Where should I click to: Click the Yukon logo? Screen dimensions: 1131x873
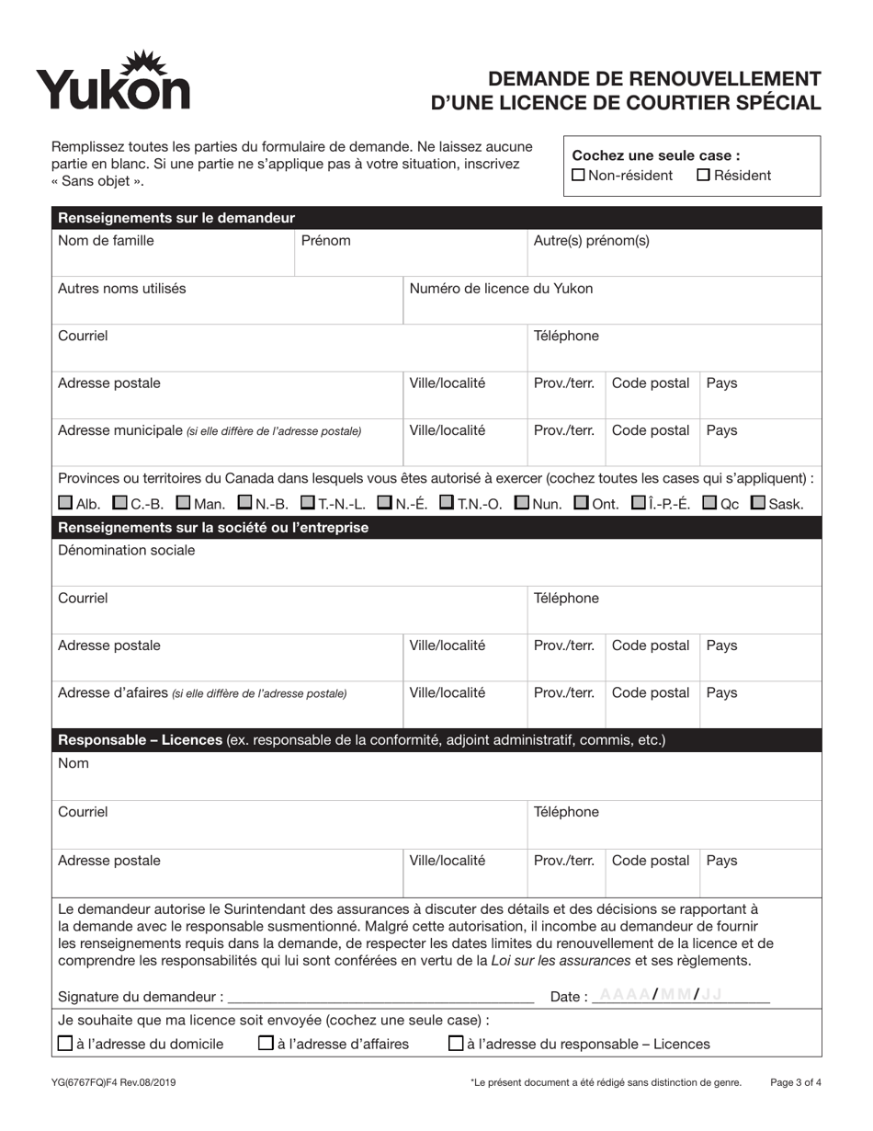(x=114, y=81)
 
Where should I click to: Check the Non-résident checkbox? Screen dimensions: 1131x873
(x=578, y=176)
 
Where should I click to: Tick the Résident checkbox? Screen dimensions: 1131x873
(x=704, y=176)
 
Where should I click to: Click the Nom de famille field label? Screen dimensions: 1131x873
(x=106, y=241)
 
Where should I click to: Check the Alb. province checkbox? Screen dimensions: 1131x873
(x=65, y=503)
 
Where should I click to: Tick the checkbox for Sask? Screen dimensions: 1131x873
(x=758, y=503)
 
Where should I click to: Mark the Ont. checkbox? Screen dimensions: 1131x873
(x=581, y=503)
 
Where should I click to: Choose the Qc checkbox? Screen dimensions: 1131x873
(x=709, y=503)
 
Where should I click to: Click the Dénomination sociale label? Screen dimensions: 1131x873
(x=127, y=551)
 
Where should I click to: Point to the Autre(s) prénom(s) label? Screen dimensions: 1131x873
(x=592, y=241)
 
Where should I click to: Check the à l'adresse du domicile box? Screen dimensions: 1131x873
(x=65, y=1044)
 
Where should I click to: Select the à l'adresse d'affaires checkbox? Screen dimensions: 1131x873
(x=266, y=1044)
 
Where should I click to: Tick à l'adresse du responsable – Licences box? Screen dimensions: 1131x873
(x=456, y=1044)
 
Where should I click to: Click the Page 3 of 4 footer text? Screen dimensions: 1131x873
(x=795, y=1083)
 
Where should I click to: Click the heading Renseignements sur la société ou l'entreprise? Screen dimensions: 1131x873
(x=213, y=528)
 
